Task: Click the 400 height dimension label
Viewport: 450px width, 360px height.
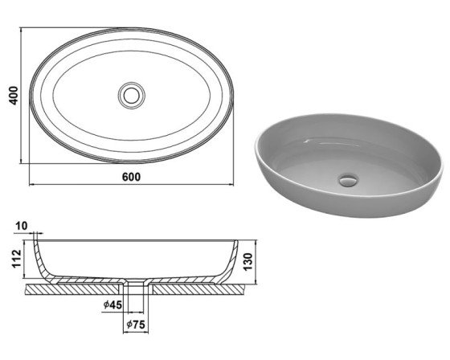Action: click(x=14, y=96)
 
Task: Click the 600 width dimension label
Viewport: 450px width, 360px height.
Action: click(x=132, y=177)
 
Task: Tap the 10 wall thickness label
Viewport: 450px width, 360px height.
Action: click(x=21, y=226)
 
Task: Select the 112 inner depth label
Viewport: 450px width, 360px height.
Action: click(x=17, y=259)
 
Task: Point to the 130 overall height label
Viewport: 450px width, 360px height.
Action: click(x=247, y=261)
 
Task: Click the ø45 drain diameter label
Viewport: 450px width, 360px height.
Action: click(x=112, y=305)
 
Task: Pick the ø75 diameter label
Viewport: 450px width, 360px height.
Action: click(x=136, y=325)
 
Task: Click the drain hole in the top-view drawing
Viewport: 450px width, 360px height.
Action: click(x=132, y=96)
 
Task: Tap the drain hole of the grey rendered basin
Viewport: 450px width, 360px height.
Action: click(x=349, y=180)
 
